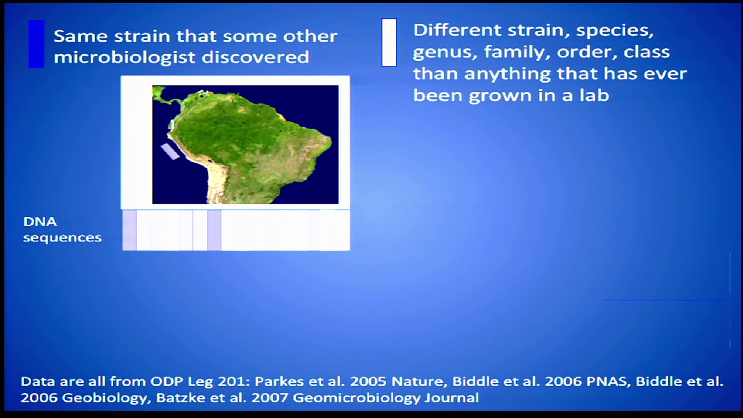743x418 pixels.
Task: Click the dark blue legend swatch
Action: pos(37,44)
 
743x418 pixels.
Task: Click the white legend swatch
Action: pos(389,43)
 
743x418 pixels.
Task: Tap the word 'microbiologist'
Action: pos(125,58)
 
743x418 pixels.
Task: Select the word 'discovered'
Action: pos(255,57)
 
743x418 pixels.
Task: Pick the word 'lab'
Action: pos(594,95)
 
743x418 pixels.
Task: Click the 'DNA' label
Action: pos(40,222)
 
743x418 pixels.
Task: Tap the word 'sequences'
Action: pos(63,238)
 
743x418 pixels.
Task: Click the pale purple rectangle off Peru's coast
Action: pos(170,151)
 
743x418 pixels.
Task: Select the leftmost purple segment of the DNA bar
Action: pos(129,230)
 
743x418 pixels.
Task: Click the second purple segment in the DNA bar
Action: pos(214,230)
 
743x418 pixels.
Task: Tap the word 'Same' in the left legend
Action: pos(80,36)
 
